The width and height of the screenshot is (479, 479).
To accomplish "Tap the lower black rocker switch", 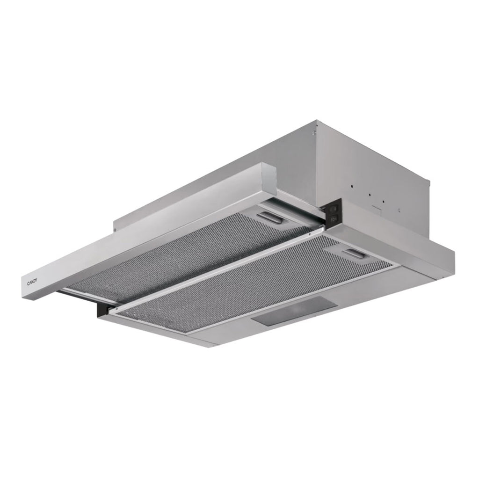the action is point(334,218).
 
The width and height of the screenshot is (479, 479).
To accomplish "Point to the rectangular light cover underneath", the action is point(295,311).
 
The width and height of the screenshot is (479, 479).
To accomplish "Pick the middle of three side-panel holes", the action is point(369,195).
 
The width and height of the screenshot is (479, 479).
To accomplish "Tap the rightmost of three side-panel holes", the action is point(383,202).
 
